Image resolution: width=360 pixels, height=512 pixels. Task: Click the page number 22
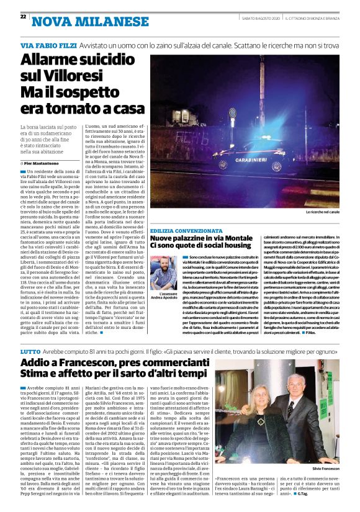coord(23,17)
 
